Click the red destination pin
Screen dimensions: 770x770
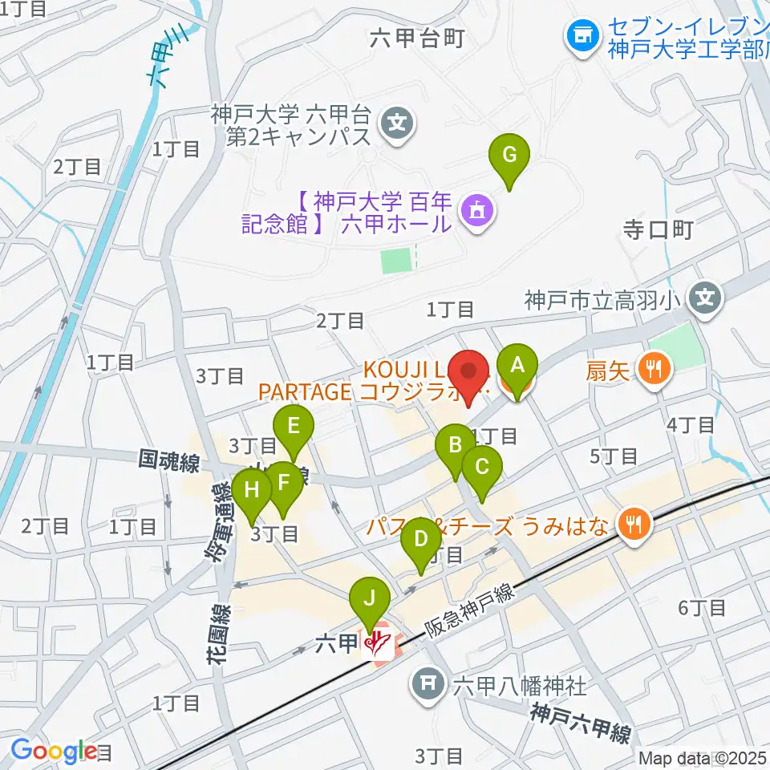(468, 375)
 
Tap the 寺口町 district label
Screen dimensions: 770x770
(658, 229)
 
